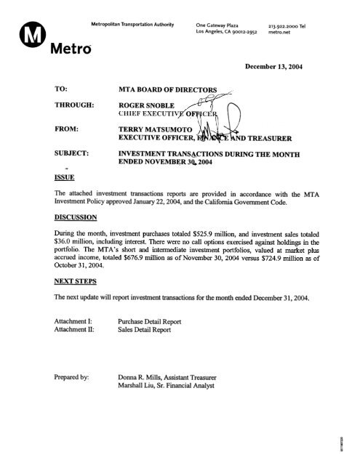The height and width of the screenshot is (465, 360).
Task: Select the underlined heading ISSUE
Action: click(x=45, y=175)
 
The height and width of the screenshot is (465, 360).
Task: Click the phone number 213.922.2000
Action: click(x=286, y=24)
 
